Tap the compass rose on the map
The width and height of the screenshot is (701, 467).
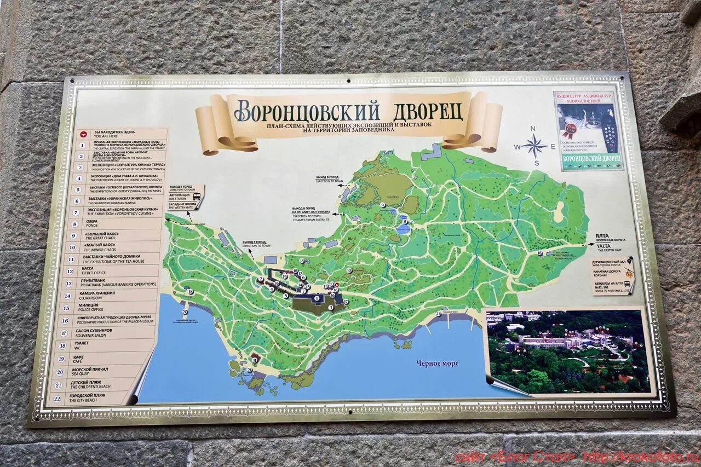[x=535, y=146]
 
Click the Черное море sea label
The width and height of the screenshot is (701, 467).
[x=437, y=363]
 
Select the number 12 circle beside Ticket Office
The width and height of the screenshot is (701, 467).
[x=70, y=271]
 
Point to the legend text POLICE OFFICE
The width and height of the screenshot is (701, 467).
[x=90, y=310]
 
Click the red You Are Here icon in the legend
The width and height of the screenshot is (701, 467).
[x=83, y=133]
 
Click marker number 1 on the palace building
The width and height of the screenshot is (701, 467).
[x=317, y=298]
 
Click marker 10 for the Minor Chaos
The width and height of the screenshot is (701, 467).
[x=349, y=270]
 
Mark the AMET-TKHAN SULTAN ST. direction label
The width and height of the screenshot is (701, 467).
[x=311, y=218]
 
